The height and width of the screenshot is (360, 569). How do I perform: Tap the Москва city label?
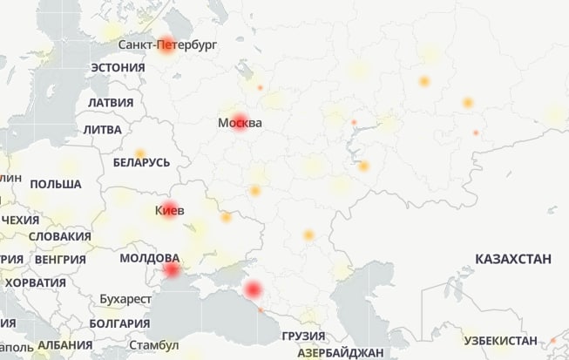(240, 123)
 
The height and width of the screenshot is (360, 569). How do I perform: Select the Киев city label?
(169, 210)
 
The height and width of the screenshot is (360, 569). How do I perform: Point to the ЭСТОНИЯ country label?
(118, 68)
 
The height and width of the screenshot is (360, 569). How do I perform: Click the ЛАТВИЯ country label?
(110, 103)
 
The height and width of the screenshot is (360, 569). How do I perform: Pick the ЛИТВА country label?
(103, 129)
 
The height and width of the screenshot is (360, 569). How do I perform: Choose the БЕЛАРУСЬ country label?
(141, 162)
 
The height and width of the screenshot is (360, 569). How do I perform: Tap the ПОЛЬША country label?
(55, 185)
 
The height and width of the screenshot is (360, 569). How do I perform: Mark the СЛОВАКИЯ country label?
(59, 236)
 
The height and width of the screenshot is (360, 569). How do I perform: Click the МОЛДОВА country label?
(149, 259)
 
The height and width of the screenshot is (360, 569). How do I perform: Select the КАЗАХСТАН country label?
(513, 259)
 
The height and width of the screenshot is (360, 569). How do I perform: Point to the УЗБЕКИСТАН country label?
(500, 339)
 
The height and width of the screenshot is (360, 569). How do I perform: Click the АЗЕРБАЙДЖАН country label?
(340, 353)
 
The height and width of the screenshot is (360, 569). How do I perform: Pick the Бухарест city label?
(125, 299)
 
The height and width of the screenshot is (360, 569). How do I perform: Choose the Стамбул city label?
(152, 345)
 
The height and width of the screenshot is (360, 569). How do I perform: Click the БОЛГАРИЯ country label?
(119, 323)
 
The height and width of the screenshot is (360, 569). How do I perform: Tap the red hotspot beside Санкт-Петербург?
(166, 45)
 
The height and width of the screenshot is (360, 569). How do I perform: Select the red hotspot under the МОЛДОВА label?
(172, 271)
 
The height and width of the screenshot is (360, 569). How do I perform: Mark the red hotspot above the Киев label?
(169, 206)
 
